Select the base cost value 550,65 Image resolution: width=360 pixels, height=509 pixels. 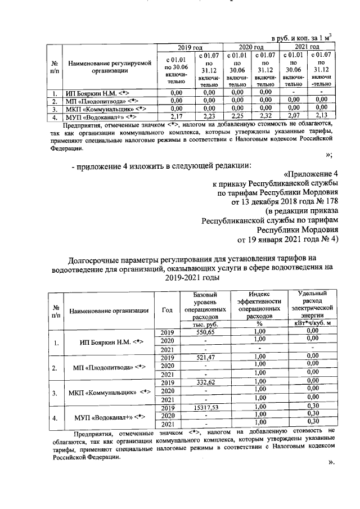pos(204,332)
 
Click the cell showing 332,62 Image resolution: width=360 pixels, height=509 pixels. pos(204,382)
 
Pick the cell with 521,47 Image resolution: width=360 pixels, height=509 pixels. pos(204,357)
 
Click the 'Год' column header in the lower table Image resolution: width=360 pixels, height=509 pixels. pos(167,310)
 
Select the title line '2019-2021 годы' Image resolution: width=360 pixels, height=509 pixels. pos(191,277)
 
